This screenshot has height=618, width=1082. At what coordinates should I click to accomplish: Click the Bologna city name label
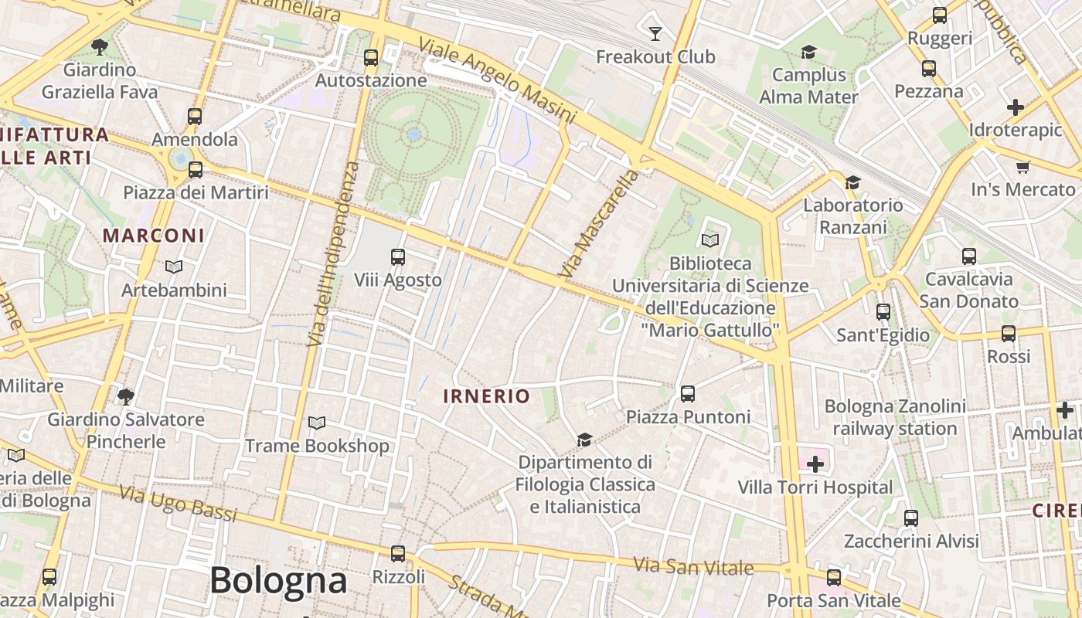point(278,580)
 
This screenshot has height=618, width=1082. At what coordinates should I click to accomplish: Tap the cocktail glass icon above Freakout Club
point(655,33)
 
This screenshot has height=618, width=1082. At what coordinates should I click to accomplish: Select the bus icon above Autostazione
point(371,57)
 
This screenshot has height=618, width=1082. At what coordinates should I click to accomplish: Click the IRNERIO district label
point(487,396)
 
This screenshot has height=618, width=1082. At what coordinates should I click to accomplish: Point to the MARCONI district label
point(154,236)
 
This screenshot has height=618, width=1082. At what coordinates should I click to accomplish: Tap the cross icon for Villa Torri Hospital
point(815,464)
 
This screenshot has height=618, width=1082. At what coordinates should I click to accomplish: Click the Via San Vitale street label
point(693,566)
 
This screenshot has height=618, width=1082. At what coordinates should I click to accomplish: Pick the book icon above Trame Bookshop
point(317,423)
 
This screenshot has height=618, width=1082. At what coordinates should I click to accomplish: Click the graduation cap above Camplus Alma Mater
point(808,53)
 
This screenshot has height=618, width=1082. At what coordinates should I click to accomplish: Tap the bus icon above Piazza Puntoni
point(688,394)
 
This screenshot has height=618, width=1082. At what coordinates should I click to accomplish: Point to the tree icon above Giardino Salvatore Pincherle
point(126,397)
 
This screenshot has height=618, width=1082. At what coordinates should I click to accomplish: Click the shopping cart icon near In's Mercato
point(1023,167)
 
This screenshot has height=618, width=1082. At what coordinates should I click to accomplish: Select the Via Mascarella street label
point(600,224)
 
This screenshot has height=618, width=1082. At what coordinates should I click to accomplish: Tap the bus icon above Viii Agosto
point(398,257)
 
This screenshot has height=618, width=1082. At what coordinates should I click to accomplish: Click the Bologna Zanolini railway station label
point(895,417)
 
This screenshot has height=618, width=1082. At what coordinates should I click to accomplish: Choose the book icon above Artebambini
point(174,267)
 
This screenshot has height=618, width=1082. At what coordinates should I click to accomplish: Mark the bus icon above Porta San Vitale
point(833,578)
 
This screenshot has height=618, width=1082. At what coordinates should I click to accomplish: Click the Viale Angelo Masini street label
point(498,80)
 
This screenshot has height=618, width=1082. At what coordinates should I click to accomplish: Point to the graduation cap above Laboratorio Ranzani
point(852,182)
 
